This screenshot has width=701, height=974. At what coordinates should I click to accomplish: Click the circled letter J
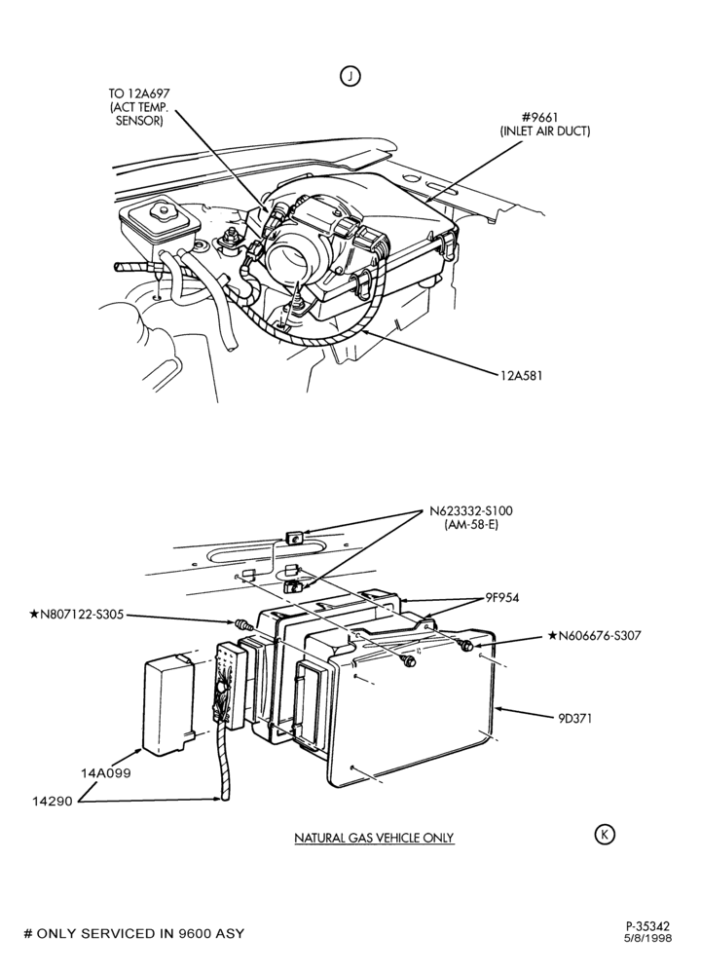point(350,76)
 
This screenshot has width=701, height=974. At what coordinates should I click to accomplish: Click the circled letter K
point(605,835)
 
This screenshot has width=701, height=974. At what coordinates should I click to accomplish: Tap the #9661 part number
point(544,117)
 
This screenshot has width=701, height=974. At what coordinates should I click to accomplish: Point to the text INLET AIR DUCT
point(544,131)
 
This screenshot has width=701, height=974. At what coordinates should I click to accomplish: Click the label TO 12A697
point(139,94)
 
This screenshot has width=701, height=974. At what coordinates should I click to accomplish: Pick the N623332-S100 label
point(471,511)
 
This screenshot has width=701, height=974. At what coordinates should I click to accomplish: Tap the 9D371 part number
point(574,718)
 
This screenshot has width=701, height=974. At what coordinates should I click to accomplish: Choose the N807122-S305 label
point(76,615)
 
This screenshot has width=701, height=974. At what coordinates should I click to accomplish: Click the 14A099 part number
point(105,773)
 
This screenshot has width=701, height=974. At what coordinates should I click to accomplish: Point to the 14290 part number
point(53,802)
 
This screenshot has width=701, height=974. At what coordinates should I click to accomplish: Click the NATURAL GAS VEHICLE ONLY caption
point(374,838)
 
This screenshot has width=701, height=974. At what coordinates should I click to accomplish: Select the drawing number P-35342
point(647,926)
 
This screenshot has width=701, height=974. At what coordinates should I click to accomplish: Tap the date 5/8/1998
point(647,938)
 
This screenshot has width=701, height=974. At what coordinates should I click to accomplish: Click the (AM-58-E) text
point(471,525)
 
